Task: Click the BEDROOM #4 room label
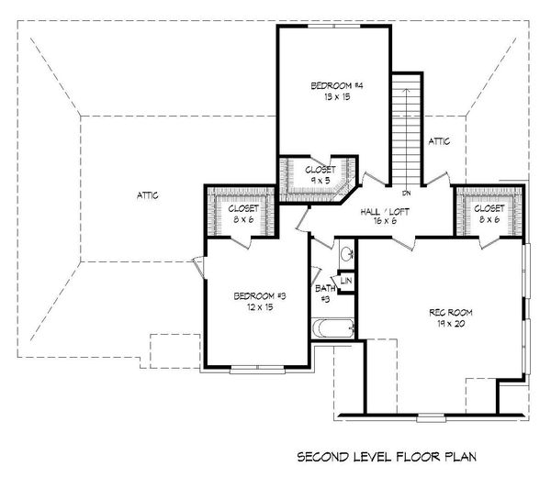point(337,86)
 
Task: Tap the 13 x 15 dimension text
point(337,97)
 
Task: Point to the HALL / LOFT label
point(386,212)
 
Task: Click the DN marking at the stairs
point(405,194)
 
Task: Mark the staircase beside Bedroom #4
point(405,128)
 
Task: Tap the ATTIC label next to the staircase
point(440,141)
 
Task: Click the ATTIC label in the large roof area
point(149,194)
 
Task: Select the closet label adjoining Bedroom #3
point(242,214)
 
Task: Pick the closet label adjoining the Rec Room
point(489,214)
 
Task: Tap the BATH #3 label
point(324,294)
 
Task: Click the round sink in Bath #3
point(344,254)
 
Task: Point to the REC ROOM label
point(448,313)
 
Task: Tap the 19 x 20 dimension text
point(448,324)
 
